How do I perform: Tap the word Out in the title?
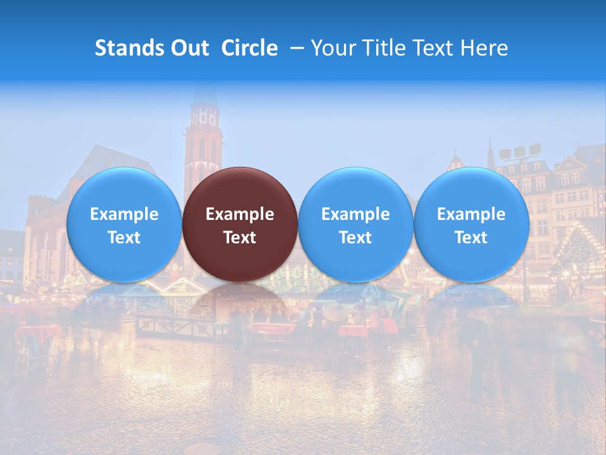190,48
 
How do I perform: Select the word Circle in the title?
249,48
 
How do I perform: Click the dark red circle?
240,224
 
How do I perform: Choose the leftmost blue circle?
124,224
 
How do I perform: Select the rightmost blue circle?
472,224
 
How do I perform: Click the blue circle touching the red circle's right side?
355,224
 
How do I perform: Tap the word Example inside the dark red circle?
240,214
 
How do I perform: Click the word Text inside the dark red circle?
240,238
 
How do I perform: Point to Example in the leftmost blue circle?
124,214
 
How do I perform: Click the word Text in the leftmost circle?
124,238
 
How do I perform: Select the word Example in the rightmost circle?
472,214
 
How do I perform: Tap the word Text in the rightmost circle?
472,238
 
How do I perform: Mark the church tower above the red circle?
203,133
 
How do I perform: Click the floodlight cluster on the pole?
520,152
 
